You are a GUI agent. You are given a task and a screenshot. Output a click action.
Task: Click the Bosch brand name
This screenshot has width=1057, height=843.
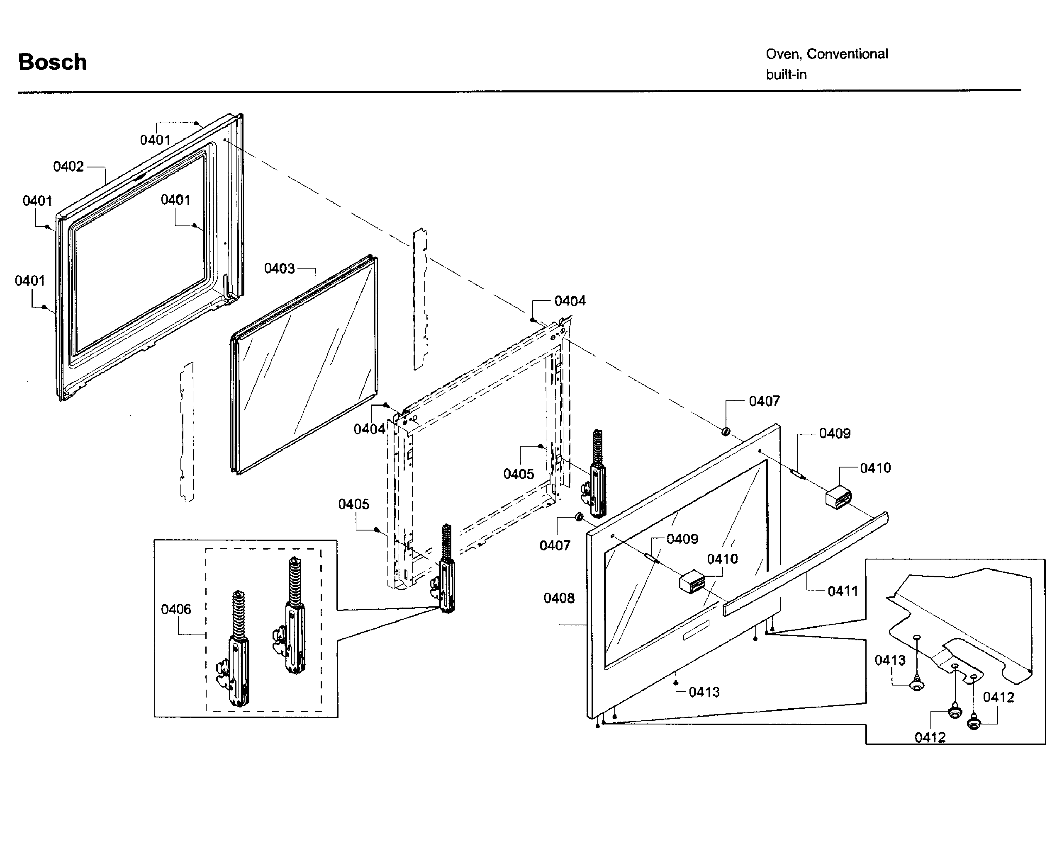52,62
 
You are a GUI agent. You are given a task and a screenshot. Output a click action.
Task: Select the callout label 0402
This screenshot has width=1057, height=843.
68,167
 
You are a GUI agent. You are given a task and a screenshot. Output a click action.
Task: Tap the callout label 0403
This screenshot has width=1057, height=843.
280,269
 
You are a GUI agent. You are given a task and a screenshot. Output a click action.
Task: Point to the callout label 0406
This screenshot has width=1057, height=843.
175,609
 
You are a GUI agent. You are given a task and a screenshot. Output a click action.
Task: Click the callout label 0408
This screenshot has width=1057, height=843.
559,598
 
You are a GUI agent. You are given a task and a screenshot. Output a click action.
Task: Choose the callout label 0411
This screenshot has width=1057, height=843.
843,591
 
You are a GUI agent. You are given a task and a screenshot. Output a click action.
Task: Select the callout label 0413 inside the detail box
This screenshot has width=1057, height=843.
890,660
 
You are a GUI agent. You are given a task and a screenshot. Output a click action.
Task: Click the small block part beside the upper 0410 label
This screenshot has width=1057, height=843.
839,498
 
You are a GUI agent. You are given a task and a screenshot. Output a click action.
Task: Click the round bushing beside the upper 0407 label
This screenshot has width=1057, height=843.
726,431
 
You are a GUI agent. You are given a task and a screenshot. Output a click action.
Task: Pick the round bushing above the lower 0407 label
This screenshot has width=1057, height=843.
579,517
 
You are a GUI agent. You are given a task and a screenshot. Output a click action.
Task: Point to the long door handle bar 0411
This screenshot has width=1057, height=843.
804,563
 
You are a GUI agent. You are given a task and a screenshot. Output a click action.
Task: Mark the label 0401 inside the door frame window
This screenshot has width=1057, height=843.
175,200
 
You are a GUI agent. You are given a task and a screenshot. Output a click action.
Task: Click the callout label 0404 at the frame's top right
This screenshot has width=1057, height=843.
570,301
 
